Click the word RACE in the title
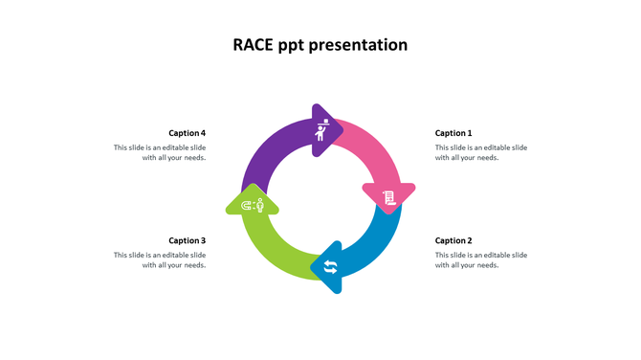(253, 45)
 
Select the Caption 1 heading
(453, 133)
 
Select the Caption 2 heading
(453, 240)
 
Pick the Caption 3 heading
(188, 240)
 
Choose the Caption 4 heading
(188, 133)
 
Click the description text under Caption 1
(481, 152)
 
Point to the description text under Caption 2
(481, 259)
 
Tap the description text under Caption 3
(160, 259)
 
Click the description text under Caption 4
(160, 152)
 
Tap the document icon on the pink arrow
(388, 198)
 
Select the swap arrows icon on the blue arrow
(330, 266)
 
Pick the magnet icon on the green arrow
(253, 205)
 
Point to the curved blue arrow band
(378, 244)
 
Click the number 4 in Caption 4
(203, 133)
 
